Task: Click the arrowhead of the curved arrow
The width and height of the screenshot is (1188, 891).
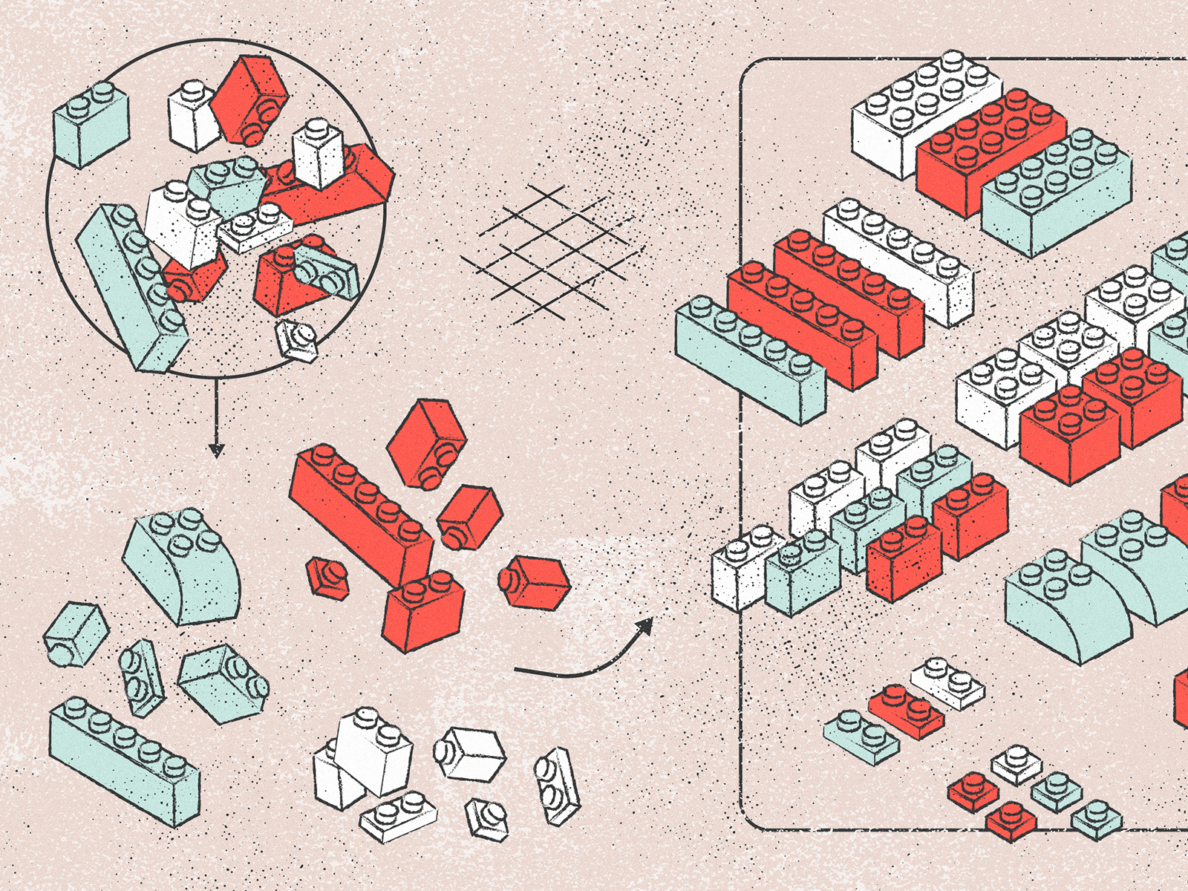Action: [x=644, y=627]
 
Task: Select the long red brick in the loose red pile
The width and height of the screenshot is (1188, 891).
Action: [x=360, y=512]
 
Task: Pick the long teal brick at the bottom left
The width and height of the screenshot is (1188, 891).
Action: [x=123, y=761]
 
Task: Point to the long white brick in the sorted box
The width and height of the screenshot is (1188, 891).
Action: [x=898, y=260]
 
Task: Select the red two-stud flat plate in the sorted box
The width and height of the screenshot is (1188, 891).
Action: [x=906, y=710]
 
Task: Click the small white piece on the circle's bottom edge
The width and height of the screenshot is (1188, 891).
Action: [x=297, y=339]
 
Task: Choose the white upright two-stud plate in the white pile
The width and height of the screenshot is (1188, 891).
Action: [x=557, y=786]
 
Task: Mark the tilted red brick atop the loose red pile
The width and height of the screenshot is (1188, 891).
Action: [x=427, y=443]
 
